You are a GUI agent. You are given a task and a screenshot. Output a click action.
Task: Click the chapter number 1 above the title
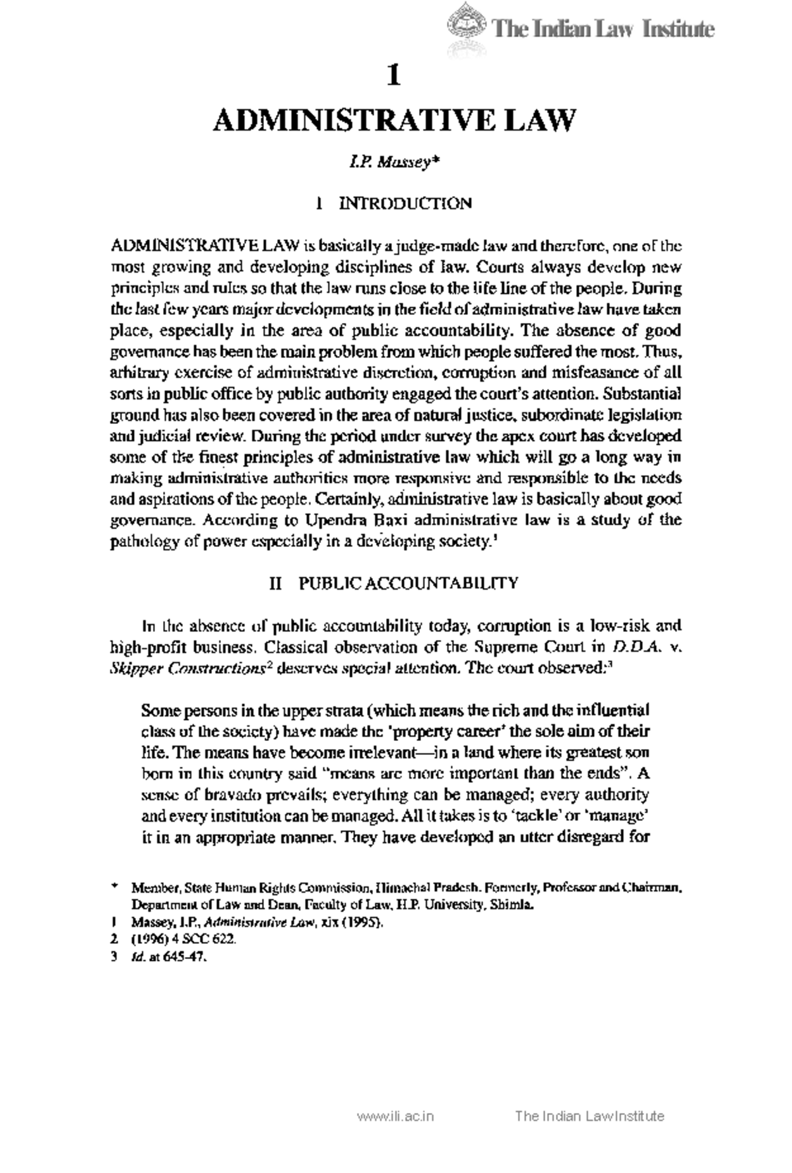(394, 76)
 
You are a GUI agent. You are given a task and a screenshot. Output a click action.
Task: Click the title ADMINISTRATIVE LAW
(395, 120)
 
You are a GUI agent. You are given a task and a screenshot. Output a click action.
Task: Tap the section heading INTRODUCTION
(405, 203)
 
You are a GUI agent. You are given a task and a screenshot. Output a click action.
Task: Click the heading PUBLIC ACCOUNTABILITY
(409, 583)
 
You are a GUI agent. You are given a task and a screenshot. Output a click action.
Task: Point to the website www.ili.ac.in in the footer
(395, 1117)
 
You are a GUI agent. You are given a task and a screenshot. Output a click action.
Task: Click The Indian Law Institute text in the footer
(589, 1117)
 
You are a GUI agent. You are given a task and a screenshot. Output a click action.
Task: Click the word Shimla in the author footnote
(511, 906)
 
